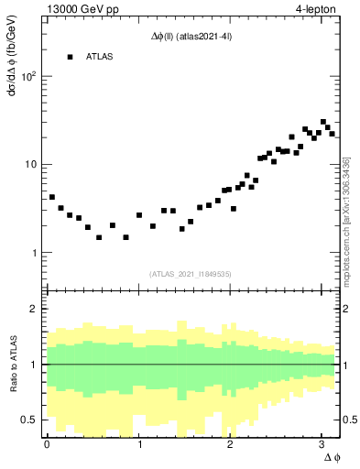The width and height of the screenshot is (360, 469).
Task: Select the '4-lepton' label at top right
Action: click(x=316, y=9)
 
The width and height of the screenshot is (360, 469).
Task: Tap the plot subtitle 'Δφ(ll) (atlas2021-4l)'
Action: click(x=191, y=36)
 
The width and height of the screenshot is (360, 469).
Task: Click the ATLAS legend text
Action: click(x=100, y=57)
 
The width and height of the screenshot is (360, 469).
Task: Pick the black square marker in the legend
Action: click(x=70, y=57)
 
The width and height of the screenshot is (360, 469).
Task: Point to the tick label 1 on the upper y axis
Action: click(x=35, y=253)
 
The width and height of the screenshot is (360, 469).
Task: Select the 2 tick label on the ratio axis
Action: click(x=35, y=309)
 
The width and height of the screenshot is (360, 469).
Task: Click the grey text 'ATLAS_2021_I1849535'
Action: click(x=191, y=273)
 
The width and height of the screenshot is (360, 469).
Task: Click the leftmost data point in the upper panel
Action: click(x=52, y=197)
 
